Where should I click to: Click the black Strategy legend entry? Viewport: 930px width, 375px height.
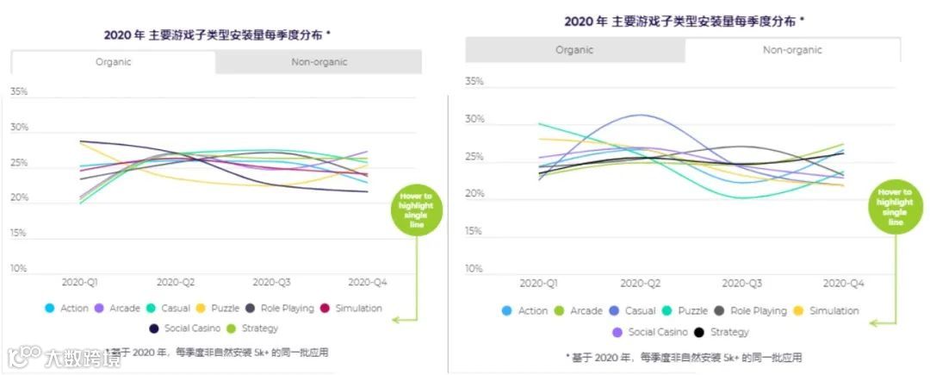721,332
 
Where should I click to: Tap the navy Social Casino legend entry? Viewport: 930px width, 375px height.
182,328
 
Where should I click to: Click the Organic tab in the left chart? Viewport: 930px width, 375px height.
113,62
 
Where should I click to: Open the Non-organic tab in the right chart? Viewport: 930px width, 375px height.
792,50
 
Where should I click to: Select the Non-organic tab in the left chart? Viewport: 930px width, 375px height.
318,62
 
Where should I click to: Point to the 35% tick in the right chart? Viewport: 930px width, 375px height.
474,82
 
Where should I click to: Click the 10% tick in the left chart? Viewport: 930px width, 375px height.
18,269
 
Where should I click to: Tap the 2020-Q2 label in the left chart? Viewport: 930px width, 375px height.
177,282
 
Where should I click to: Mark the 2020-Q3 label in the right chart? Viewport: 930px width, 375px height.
741,283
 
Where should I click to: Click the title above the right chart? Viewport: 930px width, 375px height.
685,22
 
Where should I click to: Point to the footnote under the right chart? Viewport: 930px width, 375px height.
684,357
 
